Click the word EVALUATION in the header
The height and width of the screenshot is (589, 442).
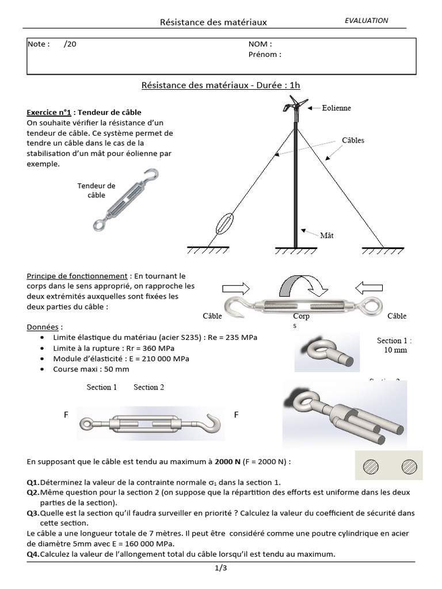point(366,20)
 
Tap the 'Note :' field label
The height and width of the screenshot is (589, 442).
point(39,44)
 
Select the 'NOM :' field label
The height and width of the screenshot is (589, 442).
point(260,44)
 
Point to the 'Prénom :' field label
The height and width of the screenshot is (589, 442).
point(265,55)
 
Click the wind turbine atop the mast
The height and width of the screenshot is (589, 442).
point(295,106)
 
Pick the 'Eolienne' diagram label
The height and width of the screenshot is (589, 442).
point(336,108)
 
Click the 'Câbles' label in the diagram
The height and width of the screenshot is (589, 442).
point(353,140)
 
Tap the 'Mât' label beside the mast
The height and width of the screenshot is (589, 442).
point(326,235)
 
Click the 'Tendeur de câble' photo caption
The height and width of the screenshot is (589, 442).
point(96,190)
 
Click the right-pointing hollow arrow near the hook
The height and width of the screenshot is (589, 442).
point(235,288)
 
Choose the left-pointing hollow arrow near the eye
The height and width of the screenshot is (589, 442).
point(369,288)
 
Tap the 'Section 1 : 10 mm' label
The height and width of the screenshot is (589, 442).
point(394,345)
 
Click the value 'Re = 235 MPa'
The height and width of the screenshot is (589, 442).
point(233,337)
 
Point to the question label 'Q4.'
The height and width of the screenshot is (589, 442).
point(33,554)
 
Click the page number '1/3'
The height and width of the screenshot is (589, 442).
point(221,569)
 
